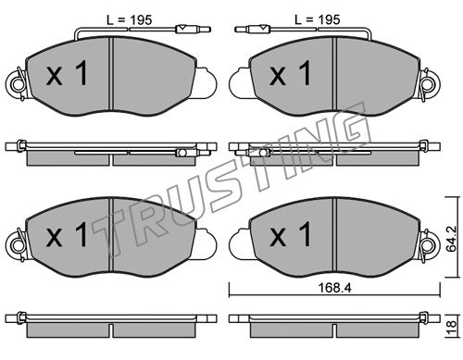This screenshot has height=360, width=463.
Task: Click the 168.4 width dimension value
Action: (x=334, y=288)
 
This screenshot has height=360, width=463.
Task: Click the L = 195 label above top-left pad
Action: (x=130, y=20)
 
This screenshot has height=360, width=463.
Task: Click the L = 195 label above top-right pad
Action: (x=318, y=19)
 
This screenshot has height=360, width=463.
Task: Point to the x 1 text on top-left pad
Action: (x=68, y=73)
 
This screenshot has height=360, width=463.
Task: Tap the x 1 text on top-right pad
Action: (x=290, y=73)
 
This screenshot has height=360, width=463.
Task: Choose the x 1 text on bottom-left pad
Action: (x=68, y=235)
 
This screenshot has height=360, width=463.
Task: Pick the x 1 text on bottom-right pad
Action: (x=290, y=235)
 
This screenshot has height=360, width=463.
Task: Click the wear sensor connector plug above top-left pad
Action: (x=193, y=30)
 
